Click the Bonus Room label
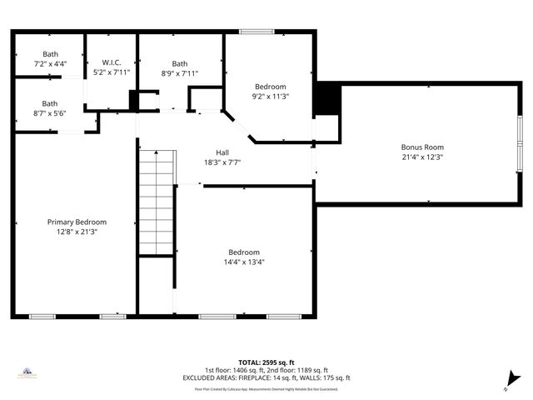(x=422, y=146)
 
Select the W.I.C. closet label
(x=112, y=62)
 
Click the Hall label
(x=222, y=152)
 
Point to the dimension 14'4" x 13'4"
(x=244, y=262)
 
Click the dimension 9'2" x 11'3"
(x=270, y=96)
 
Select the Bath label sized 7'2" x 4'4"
(x=51, y=53)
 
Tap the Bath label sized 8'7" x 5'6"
(x=51, y=103)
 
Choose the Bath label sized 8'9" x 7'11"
(x=180, y=63)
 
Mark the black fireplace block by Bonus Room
(x=328, y=99)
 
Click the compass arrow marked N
(x=512, y=379)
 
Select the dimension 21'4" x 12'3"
(x=422, y=156)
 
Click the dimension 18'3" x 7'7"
(x=222, y=162)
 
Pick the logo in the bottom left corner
(x=27, y=373)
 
